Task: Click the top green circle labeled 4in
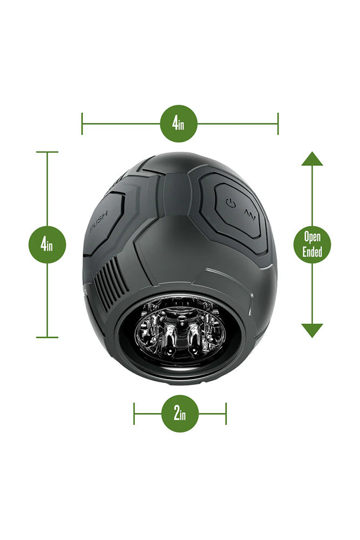pyautogui.click(x=179, y=124)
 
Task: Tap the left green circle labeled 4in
pyautogui.click(x=47, y=245)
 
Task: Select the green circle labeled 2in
pyautogui.click(x=180, y=414)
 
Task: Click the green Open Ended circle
pyautogui.click(x=312, y=245)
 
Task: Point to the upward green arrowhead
pyautogui.click(x=312, y=159)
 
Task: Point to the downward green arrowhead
pyautogui.click(x=312, y=330)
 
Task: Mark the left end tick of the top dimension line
pyautogui.click(x=82, y=124)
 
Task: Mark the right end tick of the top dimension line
pyautogui.click(x=278, y=124)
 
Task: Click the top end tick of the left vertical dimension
pyautogui.click(x=47, y=152)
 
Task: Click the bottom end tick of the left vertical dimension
pyautogui.click(x=47, y=337)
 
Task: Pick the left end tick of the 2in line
pyautogui.click(x=134, y=414)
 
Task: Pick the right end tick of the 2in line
pyautogui.click(x=226, y=414)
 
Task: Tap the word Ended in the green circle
pyautogui.click(x=312, y=251)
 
